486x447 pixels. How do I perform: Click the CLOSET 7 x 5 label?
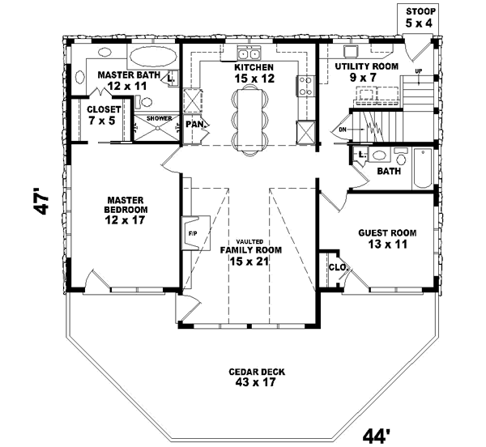point(103,114)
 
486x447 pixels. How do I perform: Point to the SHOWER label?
point(159,119)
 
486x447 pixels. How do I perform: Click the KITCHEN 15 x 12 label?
point(254,73)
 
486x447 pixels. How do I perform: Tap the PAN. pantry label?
point(194,125)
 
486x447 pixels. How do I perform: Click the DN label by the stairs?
point(343,128)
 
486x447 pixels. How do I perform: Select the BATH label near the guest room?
point(388,172)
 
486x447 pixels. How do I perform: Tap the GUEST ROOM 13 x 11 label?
point(387,239)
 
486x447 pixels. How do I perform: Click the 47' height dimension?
point(42,202)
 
